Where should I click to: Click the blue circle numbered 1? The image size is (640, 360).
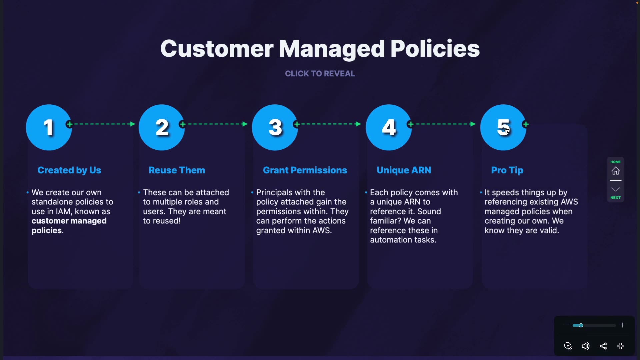49,127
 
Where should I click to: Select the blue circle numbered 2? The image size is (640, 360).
162,127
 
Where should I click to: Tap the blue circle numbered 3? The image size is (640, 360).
275,127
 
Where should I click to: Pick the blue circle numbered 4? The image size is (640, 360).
389,127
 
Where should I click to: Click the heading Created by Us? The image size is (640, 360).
69,170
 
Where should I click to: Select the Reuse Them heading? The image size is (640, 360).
177,170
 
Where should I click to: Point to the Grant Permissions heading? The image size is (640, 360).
305,170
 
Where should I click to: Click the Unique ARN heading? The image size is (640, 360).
404,170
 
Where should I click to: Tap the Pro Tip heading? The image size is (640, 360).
507,170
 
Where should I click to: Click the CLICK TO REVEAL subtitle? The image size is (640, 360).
320,74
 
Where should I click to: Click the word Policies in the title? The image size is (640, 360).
435,49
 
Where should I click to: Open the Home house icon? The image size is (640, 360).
616,171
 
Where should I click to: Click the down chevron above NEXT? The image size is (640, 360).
616,189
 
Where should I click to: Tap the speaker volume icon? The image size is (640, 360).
586,346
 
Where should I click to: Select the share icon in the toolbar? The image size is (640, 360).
603,346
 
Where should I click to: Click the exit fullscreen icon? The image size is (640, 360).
621,346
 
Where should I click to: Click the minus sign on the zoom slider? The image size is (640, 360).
566,325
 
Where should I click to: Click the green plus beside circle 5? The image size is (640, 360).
526,124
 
